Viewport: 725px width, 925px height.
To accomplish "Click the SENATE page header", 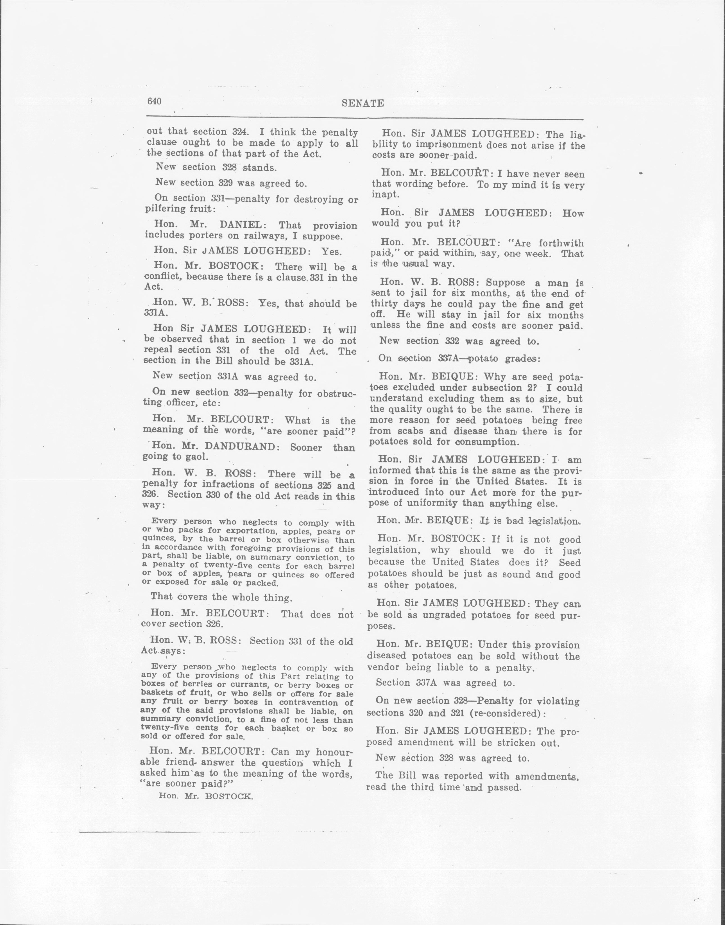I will point(362,103).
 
